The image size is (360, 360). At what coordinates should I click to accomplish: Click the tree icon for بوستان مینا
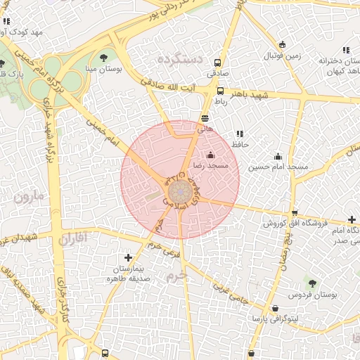click(104, 57)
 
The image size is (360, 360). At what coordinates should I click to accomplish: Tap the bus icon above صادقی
click(217, 61)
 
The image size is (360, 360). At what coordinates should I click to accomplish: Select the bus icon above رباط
click(220, 91)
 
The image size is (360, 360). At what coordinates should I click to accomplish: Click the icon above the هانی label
click(205, 118)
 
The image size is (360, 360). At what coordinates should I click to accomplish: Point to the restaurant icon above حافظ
click(240, 134)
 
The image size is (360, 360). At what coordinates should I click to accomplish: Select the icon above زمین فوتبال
click(282, 44)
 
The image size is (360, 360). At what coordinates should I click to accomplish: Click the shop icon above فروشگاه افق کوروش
click(295, 213)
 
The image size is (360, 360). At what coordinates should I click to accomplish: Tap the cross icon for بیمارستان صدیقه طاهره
click(127, 258)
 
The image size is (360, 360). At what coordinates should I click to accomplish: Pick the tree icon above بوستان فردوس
click(312, 283)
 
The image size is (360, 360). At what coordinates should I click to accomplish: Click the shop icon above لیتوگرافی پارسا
click(274, 308)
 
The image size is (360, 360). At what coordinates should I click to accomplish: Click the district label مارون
click(28, 196)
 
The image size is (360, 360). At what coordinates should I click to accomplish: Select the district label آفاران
click(72, 238)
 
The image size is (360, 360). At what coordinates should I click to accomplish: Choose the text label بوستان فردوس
click(310, 295)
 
